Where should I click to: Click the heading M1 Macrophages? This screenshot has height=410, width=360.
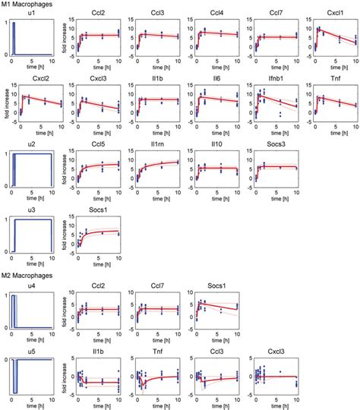(27, 6)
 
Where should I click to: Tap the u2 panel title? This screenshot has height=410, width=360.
(30, 142)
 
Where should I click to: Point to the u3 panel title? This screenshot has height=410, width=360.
(30, 207)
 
